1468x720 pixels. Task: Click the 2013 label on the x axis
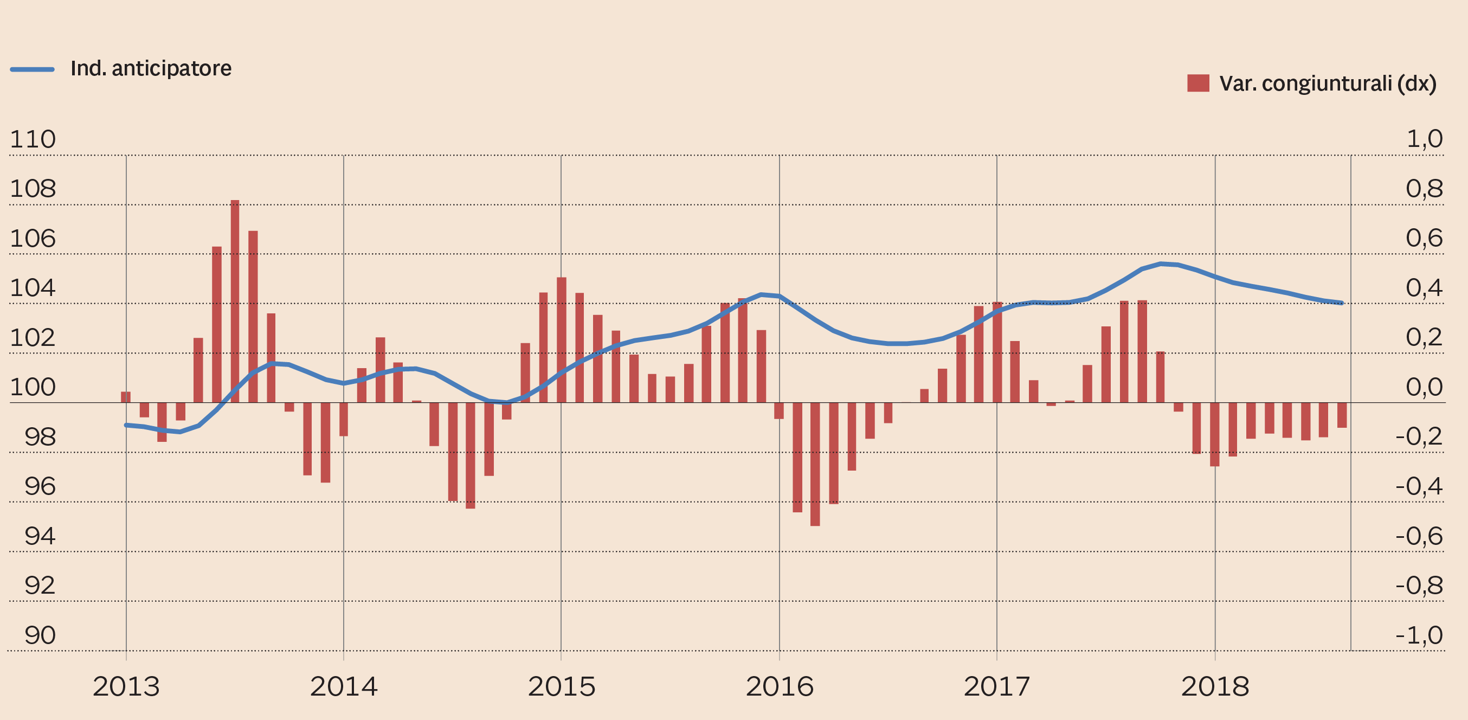[126, 686]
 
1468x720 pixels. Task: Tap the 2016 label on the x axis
[779, 686]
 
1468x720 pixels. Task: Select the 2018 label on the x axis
[1214, 686]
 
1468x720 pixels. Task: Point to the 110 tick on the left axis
[33, 140]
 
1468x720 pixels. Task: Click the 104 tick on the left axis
[33, 288]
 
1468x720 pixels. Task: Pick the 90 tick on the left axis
[40, 635]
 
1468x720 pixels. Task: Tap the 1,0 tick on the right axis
[1424, 139]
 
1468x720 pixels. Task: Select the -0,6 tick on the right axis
[1419, 536]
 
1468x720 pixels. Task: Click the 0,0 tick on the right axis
[1424, 388]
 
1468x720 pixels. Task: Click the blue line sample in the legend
[33, 69]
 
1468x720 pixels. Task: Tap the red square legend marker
[1198, 83]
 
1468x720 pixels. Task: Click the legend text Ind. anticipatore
[151, 69]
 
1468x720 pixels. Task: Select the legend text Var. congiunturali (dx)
[1327, 84]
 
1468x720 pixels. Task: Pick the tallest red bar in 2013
[235, 301]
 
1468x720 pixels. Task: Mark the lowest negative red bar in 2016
[815, 464]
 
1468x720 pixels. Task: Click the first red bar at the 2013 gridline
[126, 397]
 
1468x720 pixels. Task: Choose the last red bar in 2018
[1342, 415]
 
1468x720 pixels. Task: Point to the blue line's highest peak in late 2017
[1160, 264]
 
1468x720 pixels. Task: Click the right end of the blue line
[1342, 303]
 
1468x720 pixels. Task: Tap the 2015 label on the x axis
[561, 686]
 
